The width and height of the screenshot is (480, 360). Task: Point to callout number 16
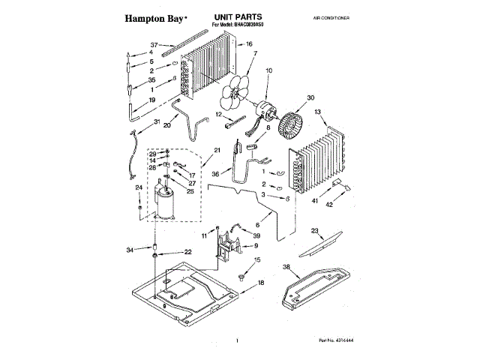[249, 44]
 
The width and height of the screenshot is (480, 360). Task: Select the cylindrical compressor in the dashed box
[163, 203]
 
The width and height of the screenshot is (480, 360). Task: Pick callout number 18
[262, 282]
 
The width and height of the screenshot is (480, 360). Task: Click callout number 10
[269, 71]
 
